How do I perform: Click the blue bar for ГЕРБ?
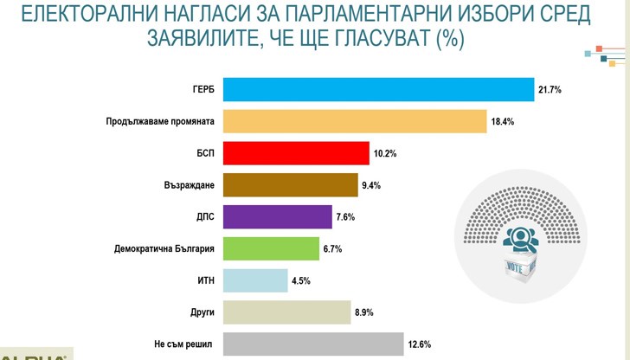point(378,90)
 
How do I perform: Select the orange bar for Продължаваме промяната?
point(355,121)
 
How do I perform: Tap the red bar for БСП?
point(296,153)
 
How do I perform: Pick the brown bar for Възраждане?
point(290,185)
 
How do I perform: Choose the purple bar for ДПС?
point(277,216)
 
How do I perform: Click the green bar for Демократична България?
point(271,248)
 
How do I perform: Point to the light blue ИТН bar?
point(255,280)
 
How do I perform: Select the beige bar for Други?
point(286,312)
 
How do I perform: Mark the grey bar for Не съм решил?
point(313,344)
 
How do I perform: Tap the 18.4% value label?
point(503,122)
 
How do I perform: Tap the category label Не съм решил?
point(184,344)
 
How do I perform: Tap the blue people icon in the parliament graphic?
point(522,237)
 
